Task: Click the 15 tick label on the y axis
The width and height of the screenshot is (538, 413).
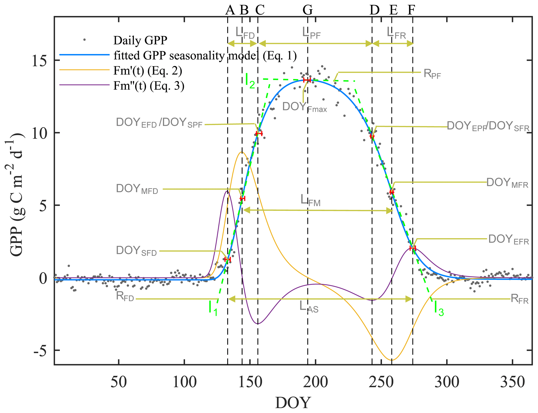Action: [40, 60]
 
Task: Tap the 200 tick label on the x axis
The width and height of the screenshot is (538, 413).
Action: [315, 382]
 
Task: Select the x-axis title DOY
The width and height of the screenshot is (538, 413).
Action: [293, 403]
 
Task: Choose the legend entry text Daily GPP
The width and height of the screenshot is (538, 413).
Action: [140, 40]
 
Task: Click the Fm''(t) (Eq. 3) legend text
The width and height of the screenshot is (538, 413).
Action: [149, 86]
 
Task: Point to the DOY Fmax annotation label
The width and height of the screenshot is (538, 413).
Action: [305, 107]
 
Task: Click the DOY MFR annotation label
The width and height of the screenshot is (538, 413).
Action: [507, 183]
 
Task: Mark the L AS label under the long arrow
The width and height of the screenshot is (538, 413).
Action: [309, 307]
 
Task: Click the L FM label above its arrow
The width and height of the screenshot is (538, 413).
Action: [310, 200]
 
